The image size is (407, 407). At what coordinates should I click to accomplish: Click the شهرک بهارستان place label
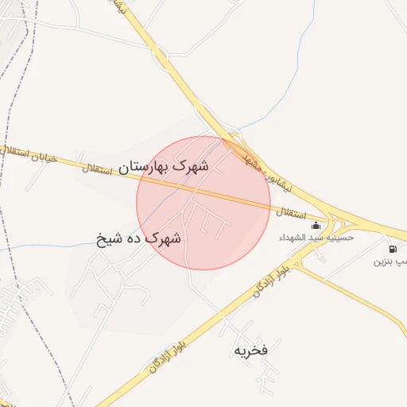(x=165, y=167)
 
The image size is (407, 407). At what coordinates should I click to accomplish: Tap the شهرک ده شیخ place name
(x=139, y=237)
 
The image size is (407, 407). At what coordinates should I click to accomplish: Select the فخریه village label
(x=250, y=349)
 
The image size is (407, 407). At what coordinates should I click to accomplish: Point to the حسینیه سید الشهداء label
(x=316, y=237)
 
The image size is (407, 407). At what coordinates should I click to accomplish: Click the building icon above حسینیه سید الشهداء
(x=316, y=225)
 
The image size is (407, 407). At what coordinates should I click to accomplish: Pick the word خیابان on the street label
(x=45, y=157)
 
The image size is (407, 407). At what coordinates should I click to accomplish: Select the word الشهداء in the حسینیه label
(x=292, y=237)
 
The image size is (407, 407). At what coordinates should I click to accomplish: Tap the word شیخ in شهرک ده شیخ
(x=109, y=237)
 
